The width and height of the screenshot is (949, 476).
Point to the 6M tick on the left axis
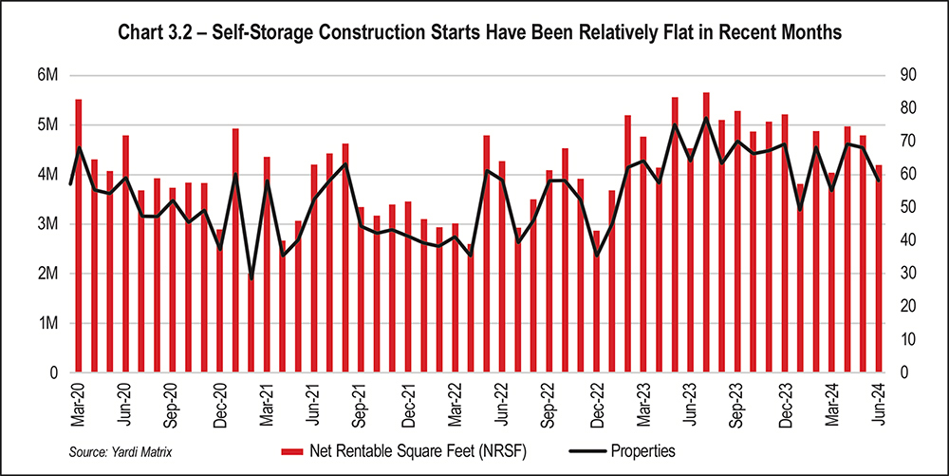click(x=47, y=75)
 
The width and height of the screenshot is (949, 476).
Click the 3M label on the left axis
click(x=47, y=224)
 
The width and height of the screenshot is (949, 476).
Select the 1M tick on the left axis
click(x=47, y=324)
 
